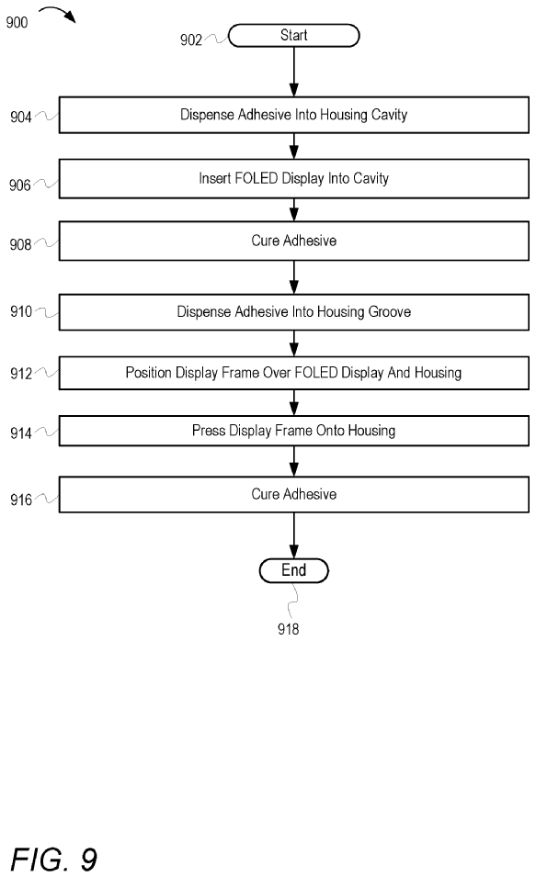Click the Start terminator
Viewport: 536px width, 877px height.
point(293,35)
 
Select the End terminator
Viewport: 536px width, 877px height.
point(293,570)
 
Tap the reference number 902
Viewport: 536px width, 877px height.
point(191,39)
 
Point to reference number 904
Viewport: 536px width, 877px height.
point(21,117)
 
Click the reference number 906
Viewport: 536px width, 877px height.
point(19,186)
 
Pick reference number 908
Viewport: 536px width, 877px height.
point(20,244)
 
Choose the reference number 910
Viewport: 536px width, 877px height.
point(21,311)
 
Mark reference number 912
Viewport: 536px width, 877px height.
point(21,373)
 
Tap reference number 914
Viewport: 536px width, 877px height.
point(21,433)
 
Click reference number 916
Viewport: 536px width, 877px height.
point(21,500)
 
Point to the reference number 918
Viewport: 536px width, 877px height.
point(288,629)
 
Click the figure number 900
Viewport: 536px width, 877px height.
point(17,22)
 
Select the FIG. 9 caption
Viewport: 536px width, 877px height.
point(53,860)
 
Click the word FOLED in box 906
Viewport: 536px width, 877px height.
point(257,178)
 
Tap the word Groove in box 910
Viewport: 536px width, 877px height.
point(389,311)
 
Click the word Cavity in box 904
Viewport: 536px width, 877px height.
point(389,115)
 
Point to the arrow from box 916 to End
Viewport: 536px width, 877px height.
point(293,535)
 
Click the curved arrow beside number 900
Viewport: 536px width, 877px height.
point(57,14)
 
